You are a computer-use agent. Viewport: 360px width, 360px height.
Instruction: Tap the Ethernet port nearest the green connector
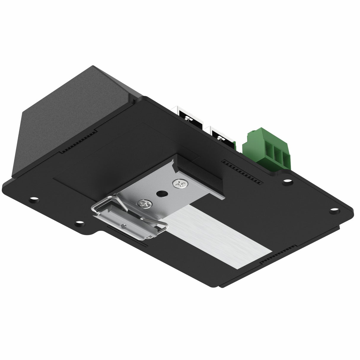coord(222,136)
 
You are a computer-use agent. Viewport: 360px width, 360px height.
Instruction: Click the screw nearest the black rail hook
coord(181,184)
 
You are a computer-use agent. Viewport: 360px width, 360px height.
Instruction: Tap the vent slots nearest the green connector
coord(242,171)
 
